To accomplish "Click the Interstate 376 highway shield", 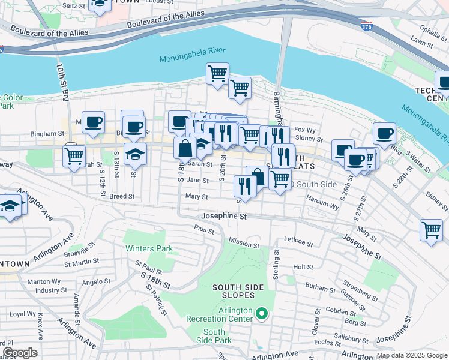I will pyautogui.click(x=366, y=26).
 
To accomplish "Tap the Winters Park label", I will pyautogui.click(x=149, y=248).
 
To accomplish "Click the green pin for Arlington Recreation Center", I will pyautogui.click(x=261, y=313).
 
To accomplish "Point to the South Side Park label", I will pyautogui.click(x=214, y=336).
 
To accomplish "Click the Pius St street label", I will pyautogui.click(x=204, y=228).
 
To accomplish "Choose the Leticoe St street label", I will pyautogui.click(x=298, y=244).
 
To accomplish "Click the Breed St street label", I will pyautogui.click(x=122, y=196).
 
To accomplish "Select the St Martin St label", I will pyautogui.click(x=82, y=261).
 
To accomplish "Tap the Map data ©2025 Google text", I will pyautogui.click(x=411, y=355).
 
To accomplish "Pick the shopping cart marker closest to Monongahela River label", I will pyautogui.click(x=217, y=74).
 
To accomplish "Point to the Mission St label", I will pyautogui.click(x=244, y=244).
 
